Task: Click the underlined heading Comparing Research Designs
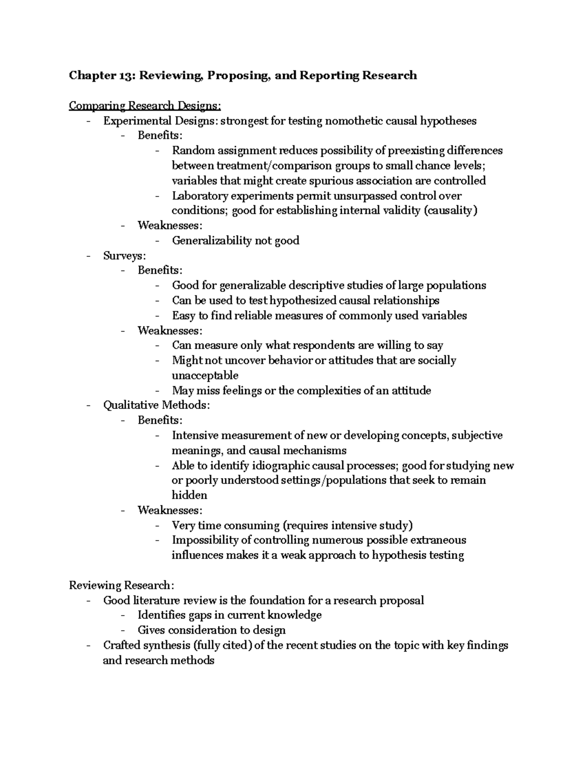[145, 105]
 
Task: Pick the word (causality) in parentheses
[450, 211]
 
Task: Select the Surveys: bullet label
[124, 255]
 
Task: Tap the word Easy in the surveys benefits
[183, 315]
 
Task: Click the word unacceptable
[205, 375]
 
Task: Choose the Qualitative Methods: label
[156, 405]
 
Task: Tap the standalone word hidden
[189, 495]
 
